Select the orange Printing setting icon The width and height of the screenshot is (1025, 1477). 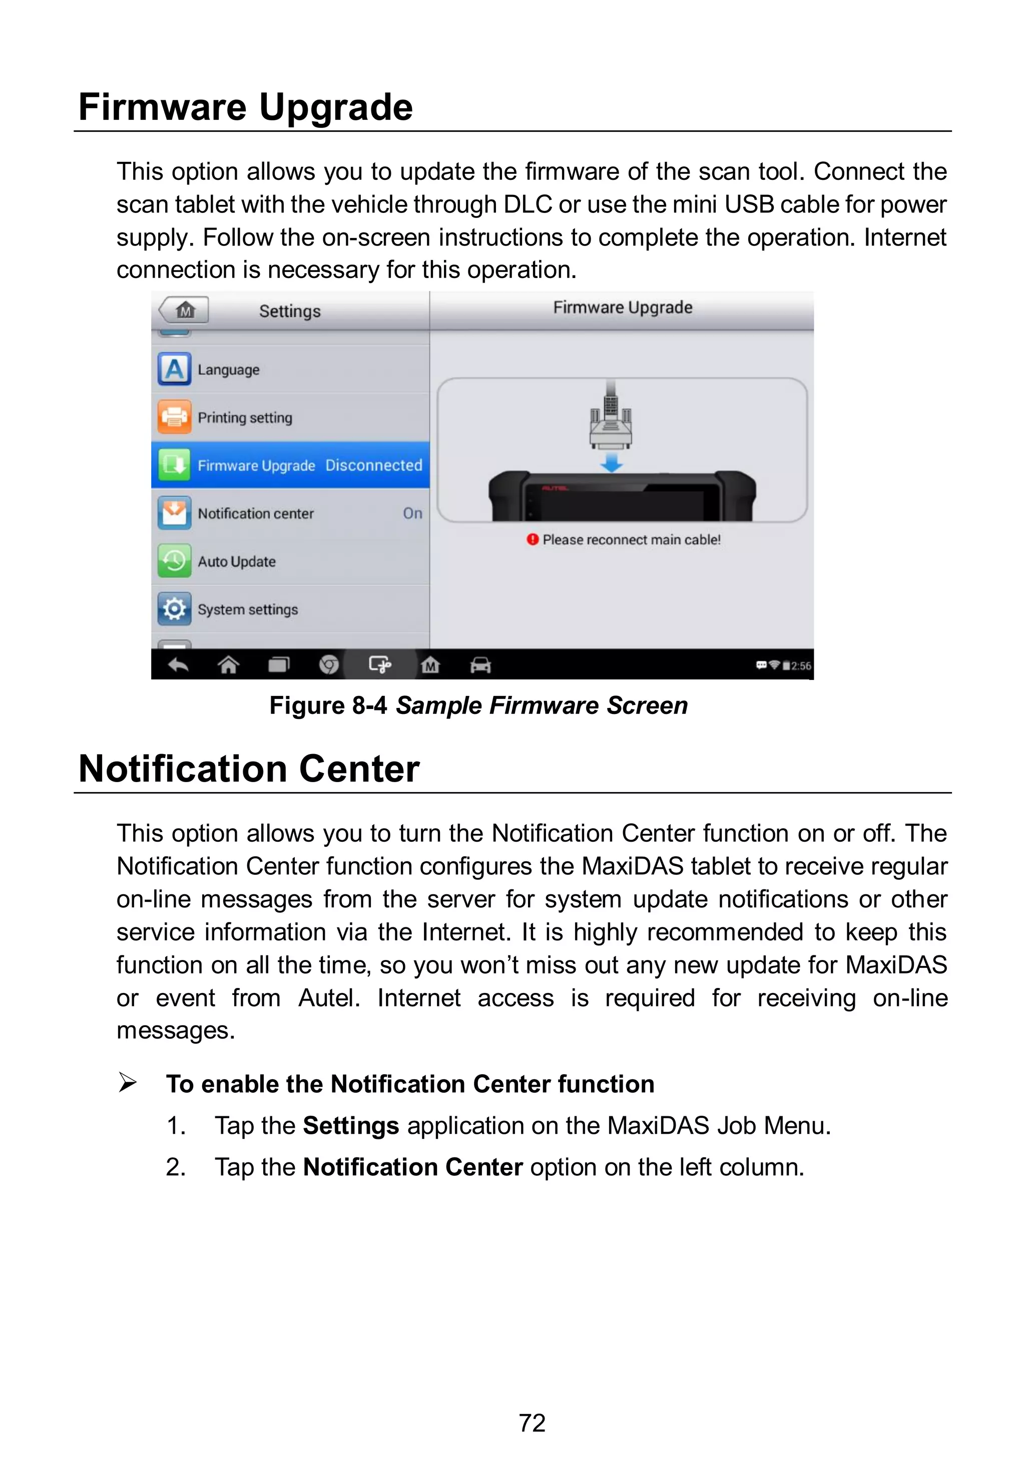coord(174,417)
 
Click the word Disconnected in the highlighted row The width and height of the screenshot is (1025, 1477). coord(373,465)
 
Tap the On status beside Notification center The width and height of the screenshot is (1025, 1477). coord(412,513)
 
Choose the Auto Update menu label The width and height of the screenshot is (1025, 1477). coord(236,561)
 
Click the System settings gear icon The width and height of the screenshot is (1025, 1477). coord(174,609)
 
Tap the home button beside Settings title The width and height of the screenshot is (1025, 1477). coord(185,311)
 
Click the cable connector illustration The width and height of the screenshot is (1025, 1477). coord(611,421)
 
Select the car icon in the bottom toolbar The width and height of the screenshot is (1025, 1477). coord(480,665)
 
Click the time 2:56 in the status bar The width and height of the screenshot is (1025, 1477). coord(801,666)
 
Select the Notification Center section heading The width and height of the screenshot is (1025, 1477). coord(249,769)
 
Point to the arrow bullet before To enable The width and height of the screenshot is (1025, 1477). coord(127,1083)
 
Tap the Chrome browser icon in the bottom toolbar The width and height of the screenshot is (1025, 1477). coord(329,665)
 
